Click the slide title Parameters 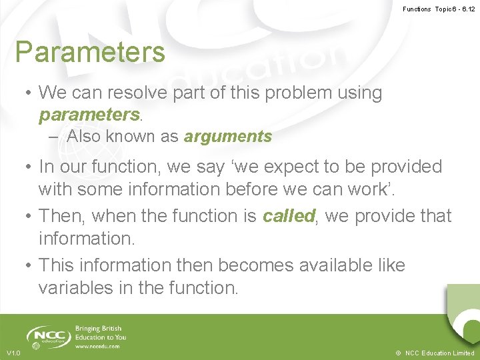coord(90,52)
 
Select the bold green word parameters coord(89,115)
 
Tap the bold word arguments coord(228,137)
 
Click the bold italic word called coord(289,216)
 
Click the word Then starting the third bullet coord(62,216)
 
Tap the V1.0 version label coord(13,353)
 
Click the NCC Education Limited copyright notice coord(435,353)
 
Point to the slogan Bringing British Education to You coord(101,333)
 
